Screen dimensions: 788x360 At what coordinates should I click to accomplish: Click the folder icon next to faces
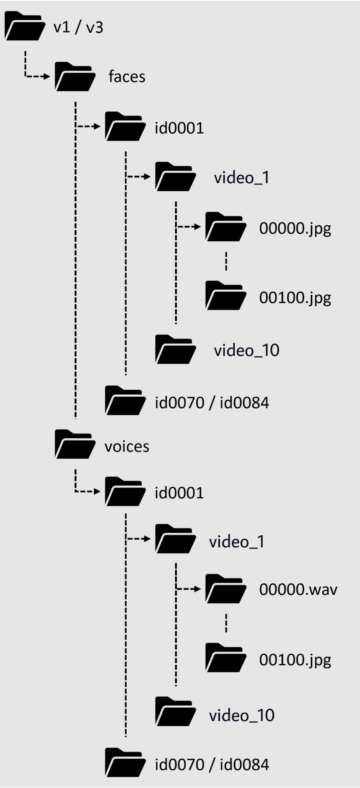(75, 77)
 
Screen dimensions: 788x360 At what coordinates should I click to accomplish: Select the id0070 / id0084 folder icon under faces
(125, 401)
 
